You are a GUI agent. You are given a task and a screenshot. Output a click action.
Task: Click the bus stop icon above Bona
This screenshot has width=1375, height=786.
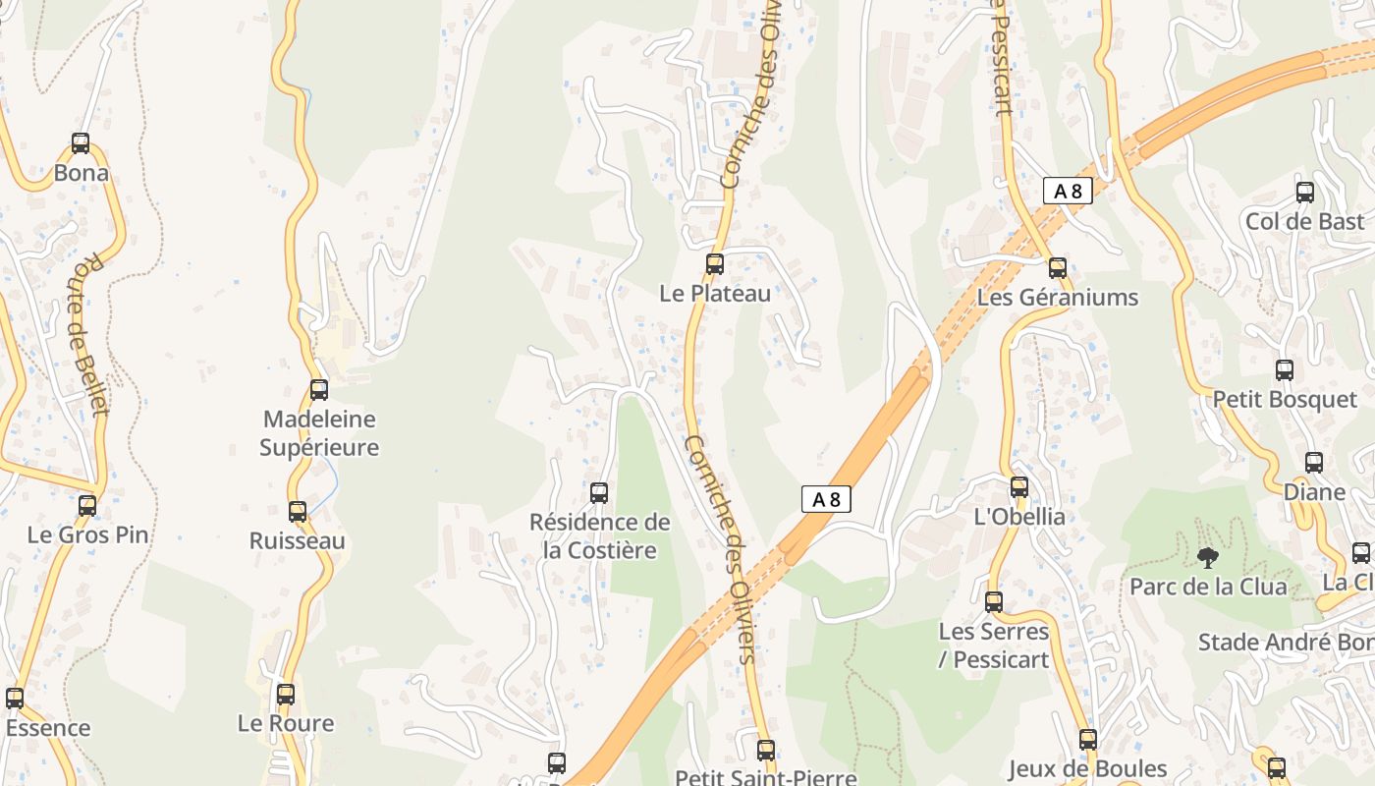(x=81, y=143)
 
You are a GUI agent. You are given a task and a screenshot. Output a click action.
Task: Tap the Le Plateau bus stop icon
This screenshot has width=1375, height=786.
(x=715, y=264)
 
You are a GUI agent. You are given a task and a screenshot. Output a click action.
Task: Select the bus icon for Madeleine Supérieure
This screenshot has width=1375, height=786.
(x=319, y=390)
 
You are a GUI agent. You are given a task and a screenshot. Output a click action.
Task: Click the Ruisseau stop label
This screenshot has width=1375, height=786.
(x=298, y=541)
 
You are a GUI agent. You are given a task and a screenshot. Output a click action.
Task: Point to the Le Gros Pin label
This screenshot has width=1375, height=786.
(x=88, y=535)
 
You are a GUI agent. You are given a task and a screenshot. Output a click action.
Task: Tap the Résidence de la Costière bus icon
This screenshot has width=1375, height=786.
(x=599, y=493)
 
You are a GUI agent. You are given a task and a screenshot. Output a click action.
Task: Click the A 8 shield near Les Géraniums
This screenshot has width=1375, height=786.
(x=1068, y=191)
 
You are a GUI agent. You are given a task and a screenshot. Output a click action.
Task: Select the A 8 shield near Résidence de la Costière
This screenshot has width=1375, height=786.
(x=826, y=499)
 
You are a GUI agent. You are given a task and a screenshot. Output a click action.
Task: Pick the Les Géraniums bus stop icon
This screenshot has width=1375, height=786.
(x=1058, y=268)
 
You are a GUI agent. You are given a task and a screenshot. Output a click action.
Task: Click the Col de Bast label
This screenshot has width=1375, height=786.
(x=1305, y=222)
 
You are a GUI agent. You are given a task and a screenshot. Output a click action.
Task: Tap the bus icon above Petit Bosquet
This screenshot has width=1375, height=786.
(x=1285, y=370)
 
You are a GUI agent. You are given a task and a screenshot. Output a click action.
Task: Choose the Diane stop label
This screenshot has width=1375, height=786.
(x=1315, y=492)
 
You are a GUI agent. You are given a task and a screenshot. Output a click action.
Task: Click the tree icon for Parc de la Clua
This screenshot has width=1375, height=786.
(x=1208, y=558)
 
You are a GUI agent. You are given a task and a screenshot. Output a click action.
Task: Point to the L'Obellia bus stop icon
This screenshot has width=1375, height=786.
(x=1019, y=487)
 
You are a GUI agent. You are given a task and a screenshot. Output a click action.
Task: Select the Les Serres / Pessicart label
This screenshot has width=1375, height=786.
(x=994, y=646)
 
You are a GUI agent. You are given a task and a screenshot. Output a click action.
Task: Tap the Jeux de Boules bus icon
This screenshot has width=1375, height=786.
(x=1088, y=740)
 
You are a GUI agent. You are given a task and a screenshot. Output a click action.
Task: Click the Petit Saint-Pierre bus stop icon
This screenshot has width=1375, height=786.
(x=766, y=751)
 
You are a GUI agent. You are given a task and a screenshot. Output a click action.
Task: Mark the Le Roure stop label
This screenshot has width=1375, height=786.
(x=286, y=724)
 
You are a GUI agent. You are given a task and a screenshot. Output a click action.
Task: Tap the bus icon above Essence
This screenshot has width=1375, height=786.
(x=15, y=699)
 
